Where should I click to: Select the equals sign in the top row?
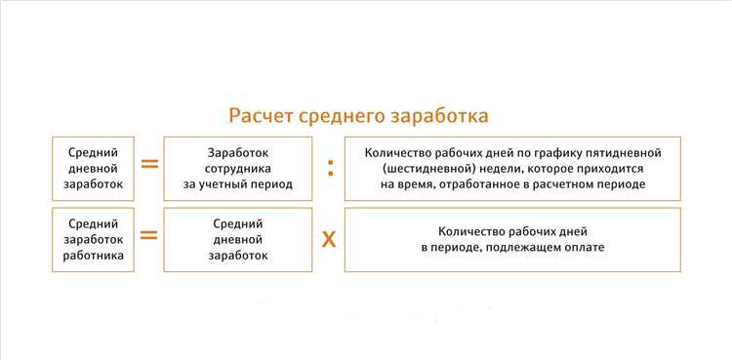click(x=149, y=164)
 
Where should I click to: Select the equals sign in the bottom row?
click(x=149, y=235)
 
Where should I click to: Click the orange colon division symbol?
click(x=329, y=168)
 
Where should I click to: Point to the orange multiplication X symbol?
click(x=329, y=238)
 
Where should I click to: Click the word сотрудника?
click(x=238, y=168)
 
